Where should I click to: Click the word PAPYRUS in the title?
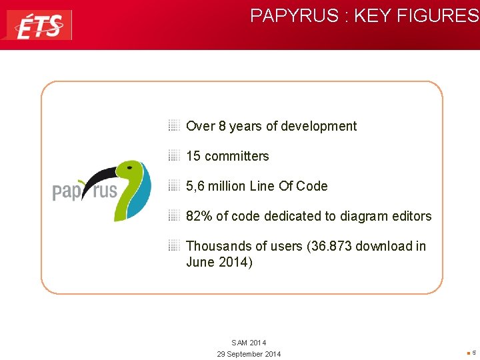click(295, 16)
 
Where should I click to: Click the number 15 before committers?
click(193, 156)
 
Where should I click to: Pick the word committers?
click(237, 156)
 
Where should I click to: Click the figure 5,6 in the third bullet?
click(195, 186)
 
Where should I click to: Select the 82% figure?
click(199, 216)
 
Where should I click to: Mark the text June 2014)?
click(219, 262)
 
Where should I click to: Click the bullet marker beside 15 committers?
click(174, 156)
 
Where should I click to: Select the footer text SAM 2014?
click(249, 343)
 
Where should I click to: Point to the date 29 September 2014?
click(249, 354)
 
